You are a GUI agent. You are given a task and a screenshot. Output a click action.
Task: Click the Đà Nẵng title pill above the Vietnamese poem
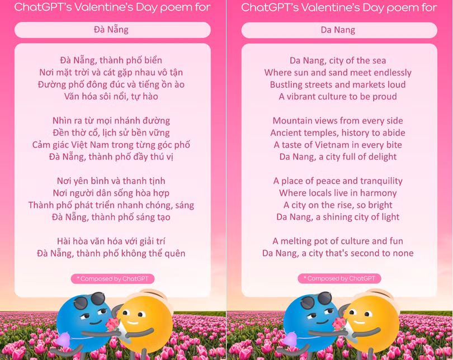coord(112,30)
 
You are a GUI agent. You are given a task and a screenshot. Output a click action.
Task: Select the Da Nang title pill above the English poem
coord(338,30)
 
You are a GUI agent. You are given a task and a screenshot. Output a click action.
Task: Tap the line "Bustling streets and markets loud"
coord(338,84)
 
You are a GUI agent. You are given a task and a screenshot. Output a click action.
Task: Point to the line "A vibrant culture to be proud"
coord(338,96)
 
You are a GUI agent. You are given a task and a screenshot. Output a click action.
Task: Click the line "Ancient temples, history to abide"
coord(338,132)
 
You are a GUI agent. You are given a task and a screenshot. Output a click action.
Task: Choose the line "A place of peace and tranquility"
coord(338,181)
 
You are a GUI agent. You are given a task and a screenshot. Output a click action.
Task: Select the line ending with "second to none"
coord(338,253)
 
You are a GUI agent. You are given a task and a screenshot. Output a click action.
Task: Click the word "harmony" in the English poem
coord(377,193)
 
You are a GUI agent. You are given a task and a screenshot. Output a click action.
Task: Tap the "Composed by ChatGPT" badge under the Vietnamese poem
coord(112,278)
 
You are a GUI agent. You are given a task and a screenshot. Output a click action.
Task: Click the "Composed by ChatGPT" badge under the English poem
coord(339,278)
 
